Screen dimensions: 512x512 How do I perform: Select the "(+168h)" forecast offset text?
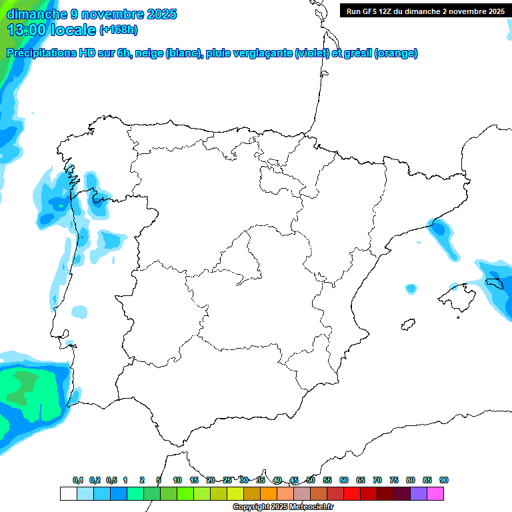pyautogui.click(x=119, y=30)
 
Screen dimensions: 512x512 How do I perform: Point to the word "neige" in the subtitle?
pyautogui.click(x=149, y=53)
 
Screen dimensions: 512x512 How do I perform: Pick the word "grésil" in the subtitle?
pyautogui.click(x=356, y=53)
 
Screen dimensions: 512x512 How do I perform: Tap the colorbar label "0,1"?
pyautogui.click(x=78, y=480)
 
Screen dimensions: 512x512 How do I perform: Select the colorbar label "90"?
pyautogui.click(x=443, y=480)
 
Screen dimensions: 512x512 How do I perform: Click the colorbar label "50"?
pyautogui.click(x=311, y=480)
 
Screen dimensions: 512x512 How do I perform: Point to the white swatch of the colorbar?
pyautogui.click(x=68, y=493)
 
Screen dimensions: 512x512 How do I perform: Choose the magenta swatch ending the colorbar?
pyautogui.click(x=435, y=493)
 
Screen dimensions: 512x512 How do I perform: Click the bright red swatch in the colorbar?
pyautogui.click(x=352, y=493)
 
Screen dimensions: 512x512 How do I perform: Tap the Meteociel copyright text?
pyautogui.click(x=283, y=507)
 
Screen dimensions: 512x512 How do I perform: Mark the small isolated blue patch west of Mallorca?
pyautogui.click(x=410, y=289)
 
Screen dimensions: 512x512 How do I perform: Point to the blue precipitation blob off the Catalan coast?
pyautogui.click(x=442, y=233)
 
